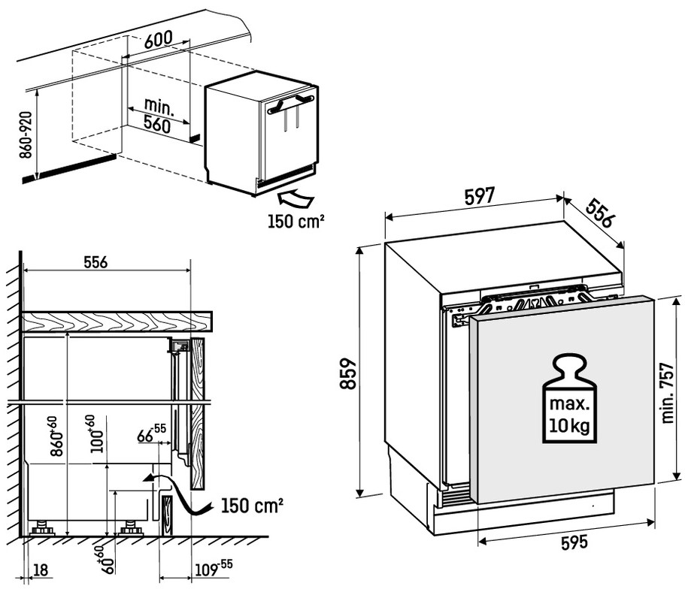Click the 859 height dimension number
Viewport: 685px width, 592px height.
[x=347, y=372]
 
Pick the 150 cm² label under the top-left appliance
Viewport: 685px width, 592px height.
[x=296, y=222]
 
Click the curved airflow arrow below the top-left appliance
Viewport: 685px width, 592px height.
[x=295, y=198]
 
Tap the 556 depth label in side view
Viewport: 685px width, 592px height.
[x=95, y=263]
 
